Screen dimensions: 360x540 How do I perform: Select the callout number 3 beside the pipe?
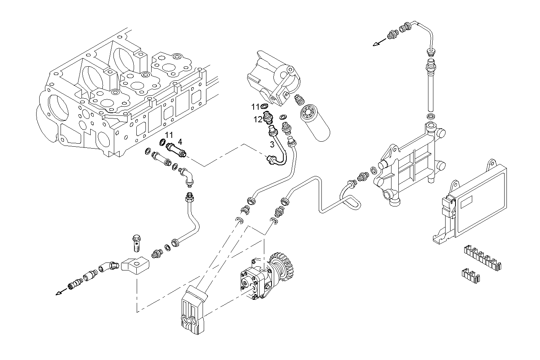pos(272,144)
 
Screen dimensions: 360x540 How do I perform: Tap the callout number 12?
pos(258,119)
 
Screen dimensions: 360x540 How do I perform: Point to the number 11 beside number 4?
pos(169,135)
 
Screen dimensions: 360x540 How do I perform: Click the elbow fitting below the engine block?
pos(187,176)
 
